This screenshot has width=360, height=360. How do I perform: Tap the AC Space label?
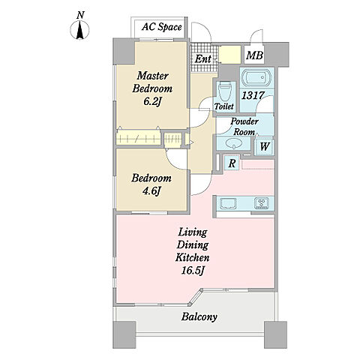point(162,27)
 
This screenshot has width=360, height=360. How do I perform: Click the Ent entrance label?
point(203,59)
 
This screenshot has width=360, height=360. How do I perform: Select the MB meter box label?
point(254,55)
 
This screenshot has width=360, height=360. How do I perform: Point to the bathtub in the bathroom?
point(256,78)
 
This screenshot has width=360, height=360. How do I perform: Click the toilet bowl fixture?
point(225,91)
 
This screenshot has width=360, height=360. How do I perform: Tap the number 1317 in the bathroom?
point(253,95)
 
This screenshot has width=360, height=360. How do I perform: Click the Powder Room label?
point(244,127)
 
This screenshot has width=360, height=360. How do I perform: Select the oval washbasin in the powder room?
point(233,143)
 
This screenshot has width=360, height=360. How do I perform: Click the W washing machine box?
point(265,147)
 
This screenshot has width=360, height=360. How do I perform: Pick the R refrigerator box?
point(232,163)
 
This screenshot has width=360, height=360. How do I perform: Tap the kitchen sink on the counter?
point(228,203)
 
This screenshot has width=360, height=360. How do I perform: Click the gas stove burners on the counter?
point(262,203)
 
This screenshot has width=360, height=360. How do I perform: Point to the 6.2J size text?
point(151,101)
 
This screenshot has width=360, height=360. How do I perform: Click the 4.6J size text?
point(151,191)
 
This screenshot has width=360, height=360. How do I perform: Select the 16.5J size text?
point(193,271)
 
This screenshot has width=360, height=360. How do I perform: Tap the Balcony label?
point(199,316)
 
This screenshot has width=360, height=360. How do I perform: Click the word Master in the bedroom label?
point(152,76)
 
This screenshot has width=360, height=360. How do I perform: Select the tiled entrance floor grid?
point(203,58)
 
